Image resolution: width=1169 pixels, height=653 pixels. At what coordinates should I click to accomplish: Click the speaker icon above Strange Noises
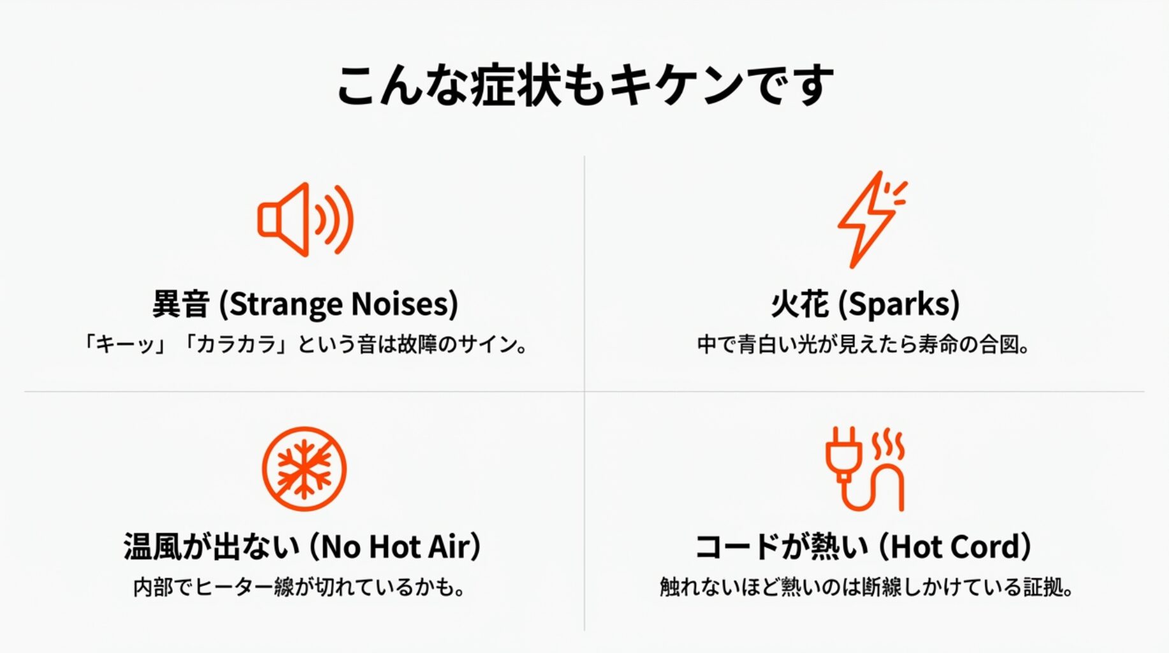(305, 220)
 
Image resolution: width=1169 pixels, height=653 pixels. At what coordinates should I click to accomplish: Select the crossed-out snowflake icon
(304, 469)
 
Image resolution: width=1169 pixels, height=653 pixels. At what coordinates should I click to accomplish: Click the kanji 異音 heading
(181, 304)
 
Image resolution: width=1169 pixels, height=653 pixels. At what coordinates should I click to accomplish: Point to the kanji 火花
(799, 304)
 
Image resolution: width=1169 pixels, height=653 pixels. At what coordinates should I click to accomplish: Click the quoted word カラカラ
(236, 344)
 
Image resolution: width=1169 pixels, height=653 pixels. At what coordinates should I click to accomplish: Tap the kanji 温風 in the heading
(153, 547)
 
